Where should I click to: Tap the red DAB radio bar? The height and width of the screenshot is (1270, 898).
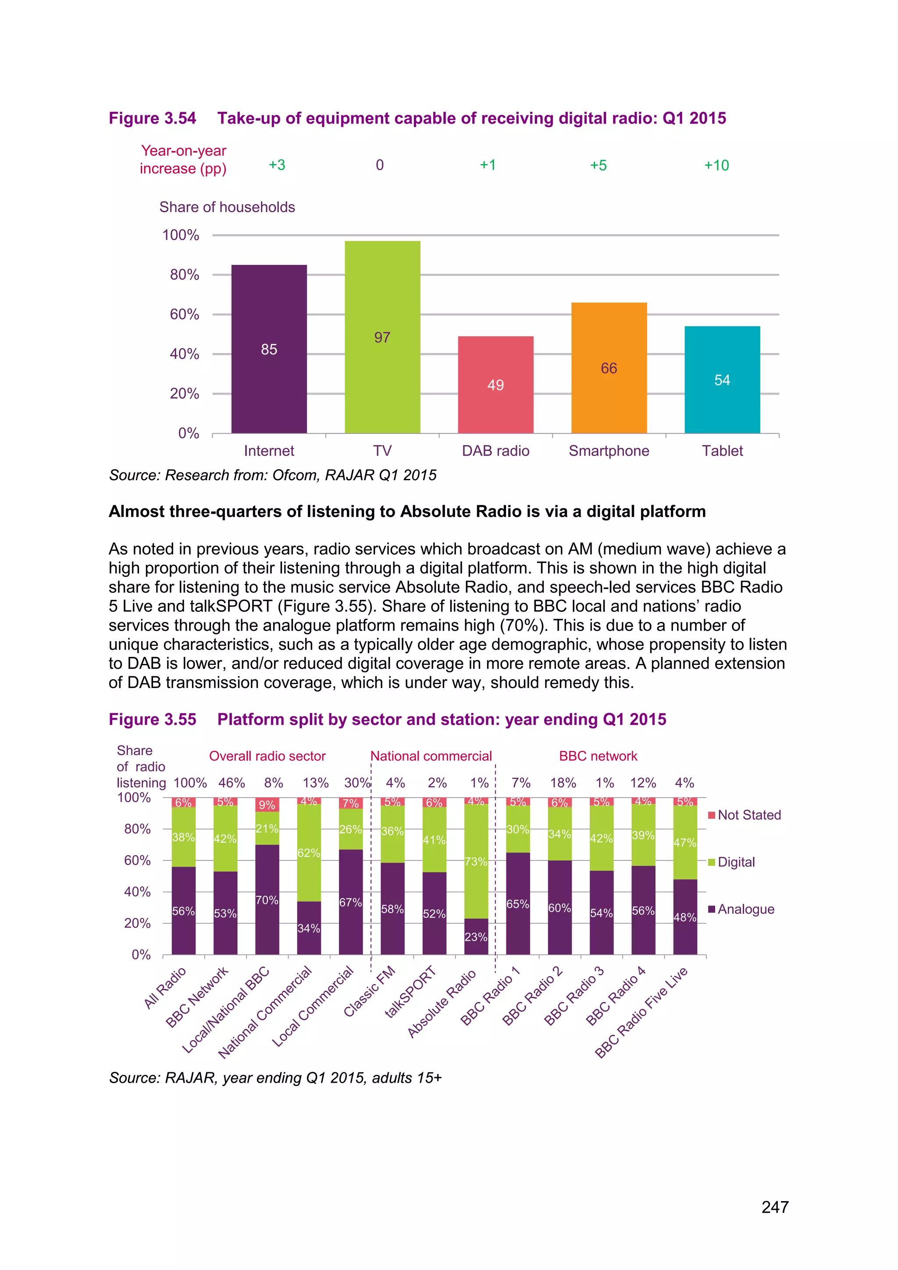coord(495,385)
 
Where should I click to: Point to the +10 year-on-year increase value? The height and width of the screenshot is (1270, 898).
coord(716,165)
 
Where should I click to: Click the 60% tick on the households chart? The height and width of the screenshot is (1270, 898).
coord(184,314)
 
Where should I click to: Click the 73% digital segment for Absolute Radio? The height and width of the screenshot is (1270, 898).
coord(476,861)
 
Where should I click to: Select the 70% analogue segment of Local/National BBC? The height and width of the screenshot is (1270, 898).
coord(267,899)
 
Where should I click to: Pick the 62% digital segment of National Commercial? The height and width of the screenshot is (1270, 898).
coord(309,853)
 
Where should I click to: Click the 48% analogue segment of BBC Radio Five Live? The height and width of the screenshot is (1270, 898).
coord(684,917)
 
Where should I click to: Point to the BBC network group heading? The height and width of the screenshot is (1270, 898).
coord(598,756)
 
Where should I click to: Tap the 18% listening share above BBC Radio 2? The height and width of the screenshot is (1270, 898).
coord(563,783)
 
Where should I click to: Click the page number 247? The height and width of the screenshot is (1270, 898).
coord(774,1207)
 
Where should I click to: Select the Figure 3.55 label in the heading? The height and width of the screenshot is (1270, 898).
coord(153,719)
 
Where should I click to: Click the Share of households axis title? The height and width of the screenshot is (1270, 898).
coord(227,207)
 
